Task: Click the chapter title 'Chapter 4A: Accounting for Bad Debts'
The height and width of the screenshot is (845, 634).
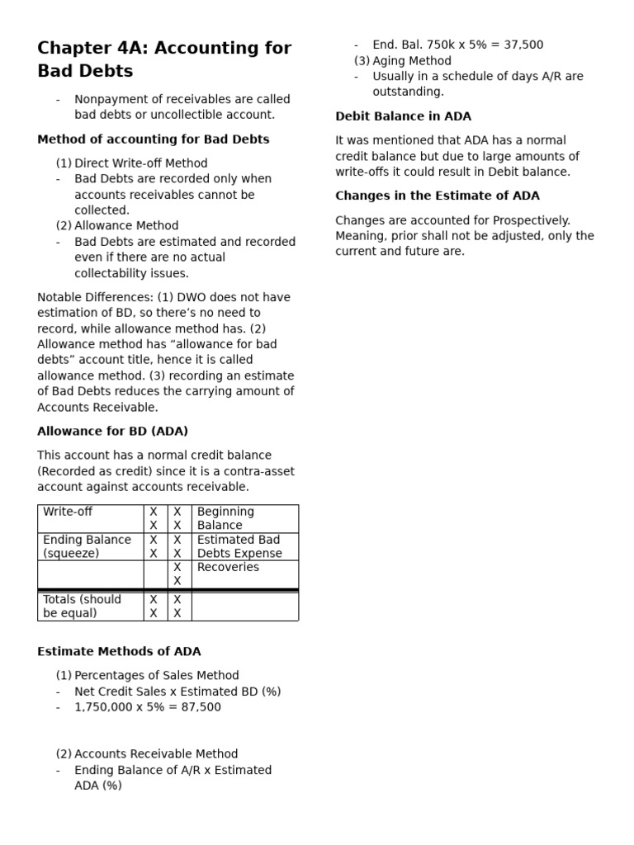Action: click(164, 59)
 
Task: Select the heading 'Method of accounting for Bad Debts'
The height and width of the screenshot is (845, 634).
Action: click(153, 139)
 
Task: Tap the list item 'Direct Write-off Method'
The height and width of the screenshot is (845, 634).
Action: click(140, 163)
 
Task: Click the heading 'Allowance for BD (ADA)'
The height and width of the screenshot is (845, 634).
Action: click(112, 432)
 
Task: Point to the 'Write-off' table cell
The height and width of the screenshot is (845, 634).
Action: click(68, 512)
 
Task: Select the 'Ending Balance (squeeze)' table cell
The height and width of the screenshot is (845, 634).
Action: click(87, 546)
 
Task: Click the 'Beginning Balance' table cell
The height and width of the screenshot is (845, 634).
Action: click(225, 518)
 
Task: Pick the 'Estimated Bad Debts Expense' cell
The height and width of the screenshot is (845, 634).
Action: click(239, 546)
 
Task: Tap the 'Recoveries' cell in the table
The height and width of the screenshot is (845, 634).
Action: click(228, 567)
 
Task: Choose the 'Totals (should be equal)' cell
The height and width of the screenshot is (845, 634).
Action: click(82, 606)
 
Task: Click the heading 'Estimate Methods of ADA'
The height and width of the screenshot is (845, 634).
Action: click(119, 652)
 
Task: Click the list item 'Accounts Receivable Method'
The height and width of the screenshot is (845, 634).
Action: click(156, 754)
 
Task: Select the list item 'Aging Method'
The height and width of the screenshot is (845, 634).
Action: click(412, 61)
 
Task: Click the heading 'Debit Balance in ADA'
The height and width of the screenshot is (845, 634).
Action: click(403, 116)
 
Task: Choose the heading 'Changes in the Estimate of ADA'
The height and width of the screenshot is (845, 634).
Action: click(437, 196)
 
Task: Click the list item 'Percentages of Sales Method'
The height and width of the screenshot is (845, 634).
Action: click(156, 675)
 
